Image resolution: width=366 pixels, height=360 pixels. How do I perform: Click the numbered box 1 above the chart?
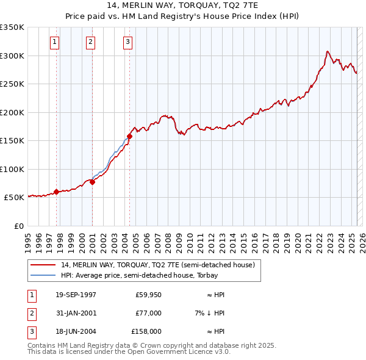[55, 42]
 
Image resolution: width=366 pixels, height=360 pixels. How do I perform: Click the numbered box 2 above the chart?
[90, 42]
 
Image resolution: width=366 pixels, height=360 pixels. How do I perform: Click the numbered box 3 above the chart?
[127, 42]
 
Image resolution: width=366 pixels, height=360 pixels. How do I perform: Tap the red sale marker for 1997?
[57, 192]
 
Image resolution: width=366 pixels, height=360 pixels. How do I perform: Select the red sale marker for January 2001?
[93, 182]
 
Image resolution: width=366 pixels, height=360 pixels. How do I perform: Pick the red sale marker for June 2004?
[129, 136]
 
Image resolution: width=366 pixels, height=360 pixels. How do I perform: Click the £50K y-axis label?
[14, 197]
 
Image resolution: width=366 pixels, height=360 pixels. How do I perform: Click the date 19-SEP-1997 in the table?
[76, 295]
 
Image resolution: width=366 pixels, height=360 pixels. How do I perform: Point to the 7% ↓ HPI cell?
[207, 313]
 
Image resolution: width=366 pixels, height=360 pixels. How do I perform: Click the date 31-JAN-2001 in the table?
[76, 313]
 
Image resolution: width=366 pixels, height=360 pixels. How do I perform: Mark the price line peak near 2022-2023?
[328, 51]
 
